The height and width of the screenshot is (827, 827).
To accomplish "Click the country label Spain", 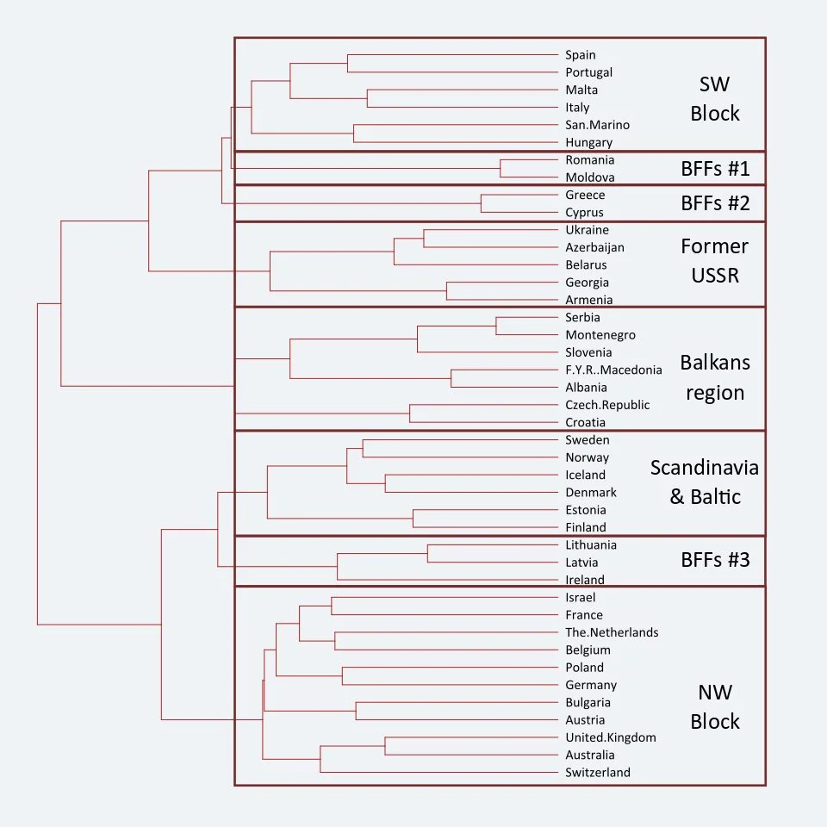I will [x=581, y=55].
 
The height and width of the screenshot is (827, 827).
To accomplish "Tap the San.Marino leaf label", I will [x=597, y=125].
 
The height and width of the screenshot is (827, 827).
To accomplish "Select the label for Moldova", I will [x=590, y=177].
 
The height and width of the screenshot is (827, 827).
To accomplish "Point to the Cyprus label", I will [x=585, y=213].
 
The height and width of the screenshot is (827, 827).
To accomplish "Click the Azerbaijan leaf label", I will [x=594, y=247].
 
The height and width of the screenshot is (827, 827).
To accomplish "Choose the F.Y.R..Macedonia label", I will [x=613, y=370].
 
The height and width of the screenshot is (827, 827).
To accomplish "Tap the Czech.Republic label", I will [x=607, y=405].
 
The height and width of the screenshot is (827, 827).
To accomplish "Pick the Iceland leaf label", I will [x=586, y=475].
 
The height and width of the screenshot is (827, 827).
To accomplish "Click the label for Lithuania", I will [x=591, y=545].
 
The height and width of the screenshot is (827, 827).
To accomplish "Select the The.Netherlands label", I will [x=612, y=632].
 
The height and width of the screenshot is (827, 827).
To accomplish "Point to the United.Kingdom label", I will [x=611, y=737].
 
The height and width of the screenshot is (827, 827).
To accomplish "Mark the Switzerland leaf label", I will [x=598, y=773].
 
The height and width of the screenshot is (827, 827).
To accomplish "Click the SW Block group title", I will [x=715, y=98].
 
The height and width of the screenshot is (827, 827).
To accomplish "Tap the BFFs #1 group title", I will [x=715, y=169].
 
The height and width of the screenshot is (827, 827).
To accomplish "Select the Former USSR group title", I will [x=715, y=261].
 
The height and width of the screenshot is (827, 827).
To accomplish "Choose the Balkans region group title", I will [x=715, y=377].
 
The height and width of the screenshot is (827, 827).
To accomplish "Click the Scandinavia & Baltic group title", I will [x=705, y=482].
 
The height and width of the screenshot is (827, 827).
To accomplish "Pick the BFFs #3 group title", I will [x=715, y=560].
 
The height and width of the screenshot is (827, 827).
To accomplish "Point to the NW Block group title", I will [x=715, y=706].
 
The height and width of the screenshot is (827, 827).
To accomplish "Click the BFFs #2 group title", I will [x=715, y=203].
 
